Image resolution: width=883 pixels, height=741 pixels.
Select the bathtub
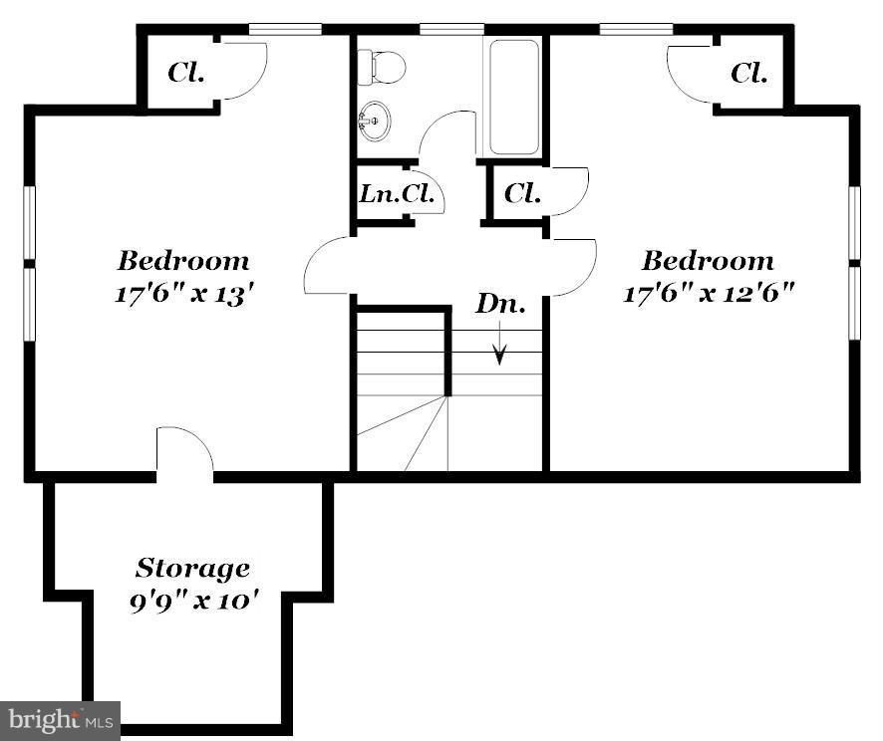coord(513,97)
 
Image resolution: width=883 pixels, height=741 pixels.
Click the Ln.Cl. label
coord(398,194)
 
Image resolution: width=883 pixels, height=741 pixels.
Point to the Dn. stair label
coord(499,305)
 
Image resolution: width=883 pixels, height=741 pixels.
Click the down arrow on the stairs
coord(500,345)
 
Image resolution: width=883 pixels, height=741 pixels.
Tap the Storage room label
coord(192,570)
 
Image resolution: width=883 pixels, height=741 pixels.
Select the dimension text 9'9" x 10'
coord(194,604)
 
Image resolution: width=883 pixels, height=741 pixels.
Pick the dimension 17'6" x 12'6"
coord(708,295)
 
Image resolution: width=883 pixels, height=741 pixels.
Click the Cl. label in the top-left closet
coord(186,73)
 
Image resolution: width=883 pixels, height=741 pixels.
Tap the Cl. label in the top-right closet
coord(748,73)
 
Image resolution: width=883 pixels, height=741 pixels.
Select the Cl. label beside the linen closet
coord(522,193)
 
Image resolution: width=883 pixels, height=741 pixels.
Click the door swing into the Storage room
coord(185,451)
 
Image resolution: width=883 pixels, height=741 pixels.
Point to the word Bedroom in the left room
coord(183,262)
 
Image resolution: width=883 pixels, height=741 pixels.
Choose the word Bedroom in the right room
coord(708,261)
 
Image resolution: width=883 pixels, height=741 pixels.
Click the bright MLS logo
coord(60,719)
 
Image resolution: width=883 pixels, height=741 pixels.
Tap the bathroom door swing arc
coord(445,131)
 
